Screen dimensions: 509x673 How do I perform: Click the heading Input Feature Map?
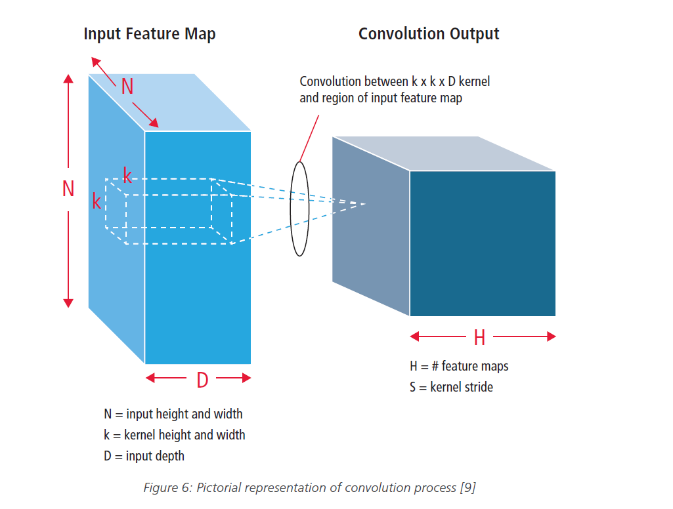(149, 34)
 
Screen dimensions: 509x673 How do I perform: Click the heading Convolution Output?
(429, 34)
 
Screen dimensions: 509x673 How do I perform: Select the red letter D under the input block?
(202, 379)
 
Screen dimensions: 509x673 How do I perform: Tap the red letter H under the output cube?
(479, 338)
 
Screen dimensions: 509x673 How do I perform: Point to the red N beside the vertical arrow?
(68, 189)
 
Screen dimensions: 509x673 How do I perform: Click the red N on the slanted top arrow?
(127, 87)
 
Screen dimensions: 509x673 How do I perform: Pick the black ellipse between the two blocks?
(299, 208)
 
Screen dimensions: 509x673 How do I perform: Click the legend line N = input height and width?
(173, 414)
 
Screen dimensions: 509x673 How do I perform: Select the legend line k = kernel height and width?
(175, 435)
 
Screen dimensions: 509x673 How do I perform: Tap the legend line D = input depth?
(144, 456)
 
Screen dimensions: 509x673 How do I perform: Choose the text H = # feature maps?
(459, 366)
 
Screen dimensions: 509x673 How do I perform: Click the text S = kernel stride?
(451, 387)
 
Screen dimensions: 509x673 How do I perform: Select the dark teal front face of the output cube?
(483, 243)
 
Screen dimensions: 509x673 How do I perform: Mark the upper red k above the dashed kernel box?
(127, 176)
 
